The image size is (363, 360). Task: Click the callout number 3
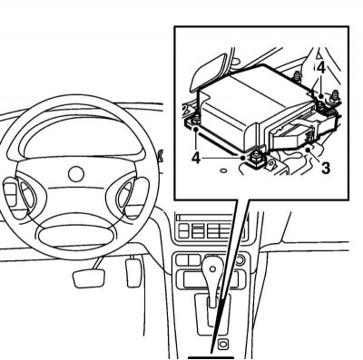pos(325,168)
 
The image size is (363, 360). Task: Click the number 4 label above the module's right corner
pos(321,68)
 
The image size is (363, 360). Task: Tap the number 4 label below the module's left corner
pos(197,158)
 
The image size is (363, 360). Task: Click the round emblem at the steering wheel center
pos(75,174)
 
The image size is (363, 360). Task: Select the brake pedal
pos(89,277)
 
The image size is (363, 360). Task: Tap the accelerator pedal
pos(133,272)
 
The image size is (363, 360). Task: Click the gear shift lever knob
pos(212,269)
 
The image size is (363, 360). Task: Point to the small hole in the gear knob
pos(212,268)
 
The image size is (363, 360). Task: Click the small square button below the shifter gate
pos(222,344)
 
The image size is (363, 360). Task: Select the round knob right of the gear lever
pos(240,259)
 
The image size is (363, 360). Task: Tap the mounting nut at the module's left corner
pos(197,119)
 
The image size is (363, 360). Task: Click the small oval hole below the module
pos(223,170)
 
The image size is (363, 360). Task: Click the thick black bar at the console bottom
pos(211,358)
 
